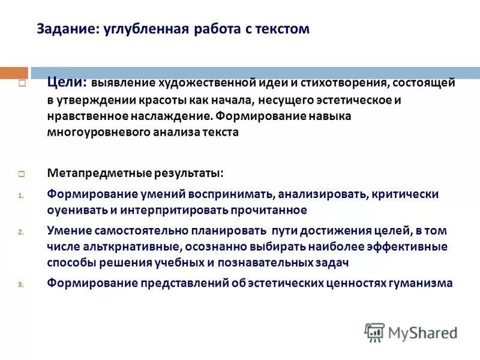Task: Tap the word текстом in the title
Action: point(280,29)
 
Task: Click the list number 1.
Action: point(20,195)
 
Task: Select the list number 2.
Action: point(20,232)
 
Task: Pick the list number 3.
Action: point(20,284)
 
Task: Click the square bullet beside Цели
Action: point(21,84)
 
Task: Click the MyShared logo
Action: point(412,332)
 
